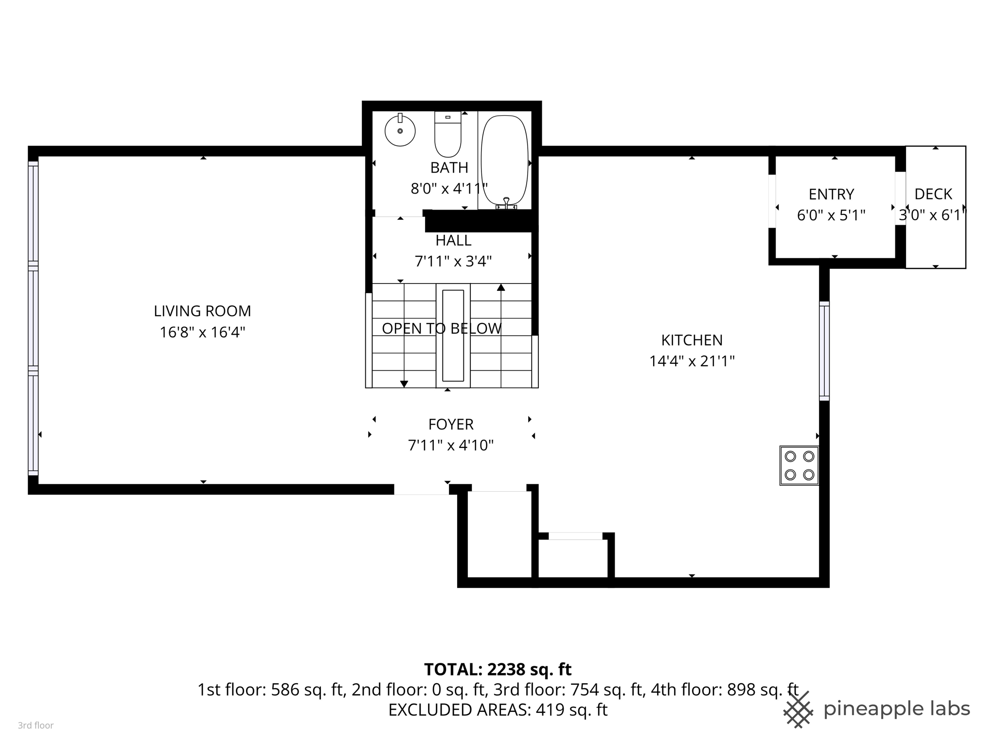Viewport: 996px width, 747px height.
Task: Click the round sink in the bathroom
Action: tap(400, 130)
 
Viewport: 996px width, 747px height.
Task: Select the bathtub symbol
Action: tap(504, 160)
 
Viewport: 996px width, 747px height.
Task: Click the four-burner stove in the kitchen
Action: tap(799, 465)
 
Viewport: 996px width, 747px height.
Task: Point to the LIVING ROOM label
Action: tap(202, 311)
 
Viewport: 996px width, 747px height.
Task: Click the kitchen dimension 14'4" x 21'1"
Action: tap(692, 361)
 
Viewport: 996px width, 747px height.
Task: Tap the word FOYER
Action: tap(451, 425)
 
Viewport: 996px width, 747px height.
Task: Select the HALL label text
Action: tap(453, 241)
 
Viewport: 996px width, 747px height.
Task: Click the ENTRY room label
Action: tap(831, 195)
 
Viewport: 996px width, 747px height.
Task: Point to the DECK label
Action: tap(933, 195)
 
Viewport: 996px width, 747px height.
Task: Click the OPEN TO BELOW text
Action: tap(441, 329)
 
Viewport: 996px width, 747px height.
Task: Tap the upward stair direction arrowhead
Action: tap(501, 287)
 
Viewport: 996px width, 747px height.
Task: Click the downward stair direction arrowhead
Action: tap(404, 384)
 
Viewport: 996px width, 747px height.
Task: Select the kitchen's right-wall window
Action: tap(824, 351)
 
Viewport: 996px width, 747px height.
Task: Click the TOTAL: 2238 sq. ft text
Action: tap(498, 670)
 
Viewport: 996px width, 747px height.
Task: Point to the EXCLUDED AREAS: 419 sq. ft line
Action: tap(498, 710)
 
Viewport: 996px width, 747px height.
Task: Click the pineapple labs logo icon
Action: tap(798, 710)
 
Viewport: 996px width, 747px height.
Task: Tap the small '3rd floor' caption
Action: tap(36, 726)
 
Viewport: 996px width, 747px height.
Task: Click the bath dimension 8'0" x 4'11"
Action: tap(448, 189)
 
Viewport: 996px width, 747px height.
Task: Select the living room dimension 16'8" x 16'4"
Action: tap(202, 333)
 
